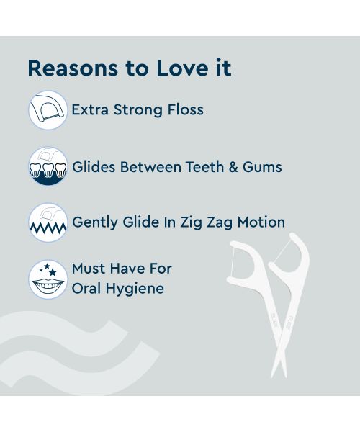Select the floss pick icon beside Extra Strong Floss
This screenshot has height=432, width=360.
48,110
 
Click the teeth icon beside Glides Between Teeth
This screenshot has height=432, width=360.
48,166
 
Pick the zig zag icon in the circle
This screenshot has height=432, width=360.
48,222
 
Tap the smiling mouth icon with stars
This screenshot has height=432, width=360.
48,279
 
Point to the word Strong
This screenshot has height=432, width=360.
138,110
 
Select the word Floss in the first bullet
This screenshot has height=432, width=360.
185,110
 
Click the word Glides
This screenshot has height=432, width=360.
95,167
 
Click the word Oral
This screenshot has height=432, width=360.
86,289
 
